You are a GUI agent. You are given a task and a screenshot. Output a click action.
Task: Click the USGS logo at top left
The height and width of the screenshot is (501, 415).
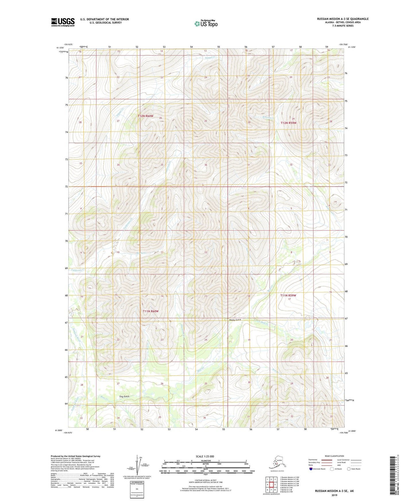point(63,22)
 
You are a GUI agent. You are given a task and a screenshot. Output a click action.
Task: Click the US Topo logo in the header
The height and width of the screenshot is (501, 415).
point(206,24)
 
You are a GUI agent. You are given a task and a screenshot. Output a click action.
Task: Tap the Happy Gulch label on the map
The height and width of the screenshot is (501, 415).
point(235,320)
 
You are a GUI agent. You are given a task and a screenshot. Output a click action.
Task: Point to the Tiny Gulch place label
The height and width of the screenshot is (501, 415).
point(124,396)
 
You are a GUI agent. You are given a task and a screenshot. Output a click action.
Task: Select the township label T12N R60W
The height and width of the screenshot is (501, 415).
point(145,116)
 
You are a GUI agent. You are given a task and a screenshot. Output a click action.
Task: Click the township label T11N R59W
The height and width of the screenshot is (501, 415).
point(288,295)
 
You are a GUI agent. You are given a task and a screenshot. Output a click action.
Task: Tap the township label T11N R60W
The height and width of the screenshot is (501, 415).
point(151,311)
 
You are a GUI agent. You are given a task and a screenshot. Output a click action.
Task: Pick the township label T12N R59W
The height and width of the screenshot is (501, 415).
point(288,123)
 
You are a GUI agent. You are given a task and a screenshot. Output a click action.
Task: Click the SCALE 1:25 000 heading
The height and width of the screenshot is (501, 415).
point(205,456)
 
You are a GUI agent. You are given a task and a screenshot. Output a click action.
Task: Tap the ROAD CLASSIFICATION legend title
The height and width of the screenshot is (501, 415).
point(334,456)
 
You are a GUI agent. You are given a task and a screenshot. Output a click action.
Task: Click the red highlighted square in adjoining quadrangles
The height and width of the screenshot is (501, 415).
point(271,484)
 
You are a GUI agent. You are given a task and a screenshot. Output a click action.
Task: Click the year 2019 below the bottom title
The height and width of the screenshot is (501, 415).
point(334,495)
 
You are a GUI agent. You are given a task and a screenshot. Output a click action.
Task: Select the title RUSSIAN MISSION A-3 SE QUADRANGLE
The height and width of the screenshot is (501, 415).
point(343,19)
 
